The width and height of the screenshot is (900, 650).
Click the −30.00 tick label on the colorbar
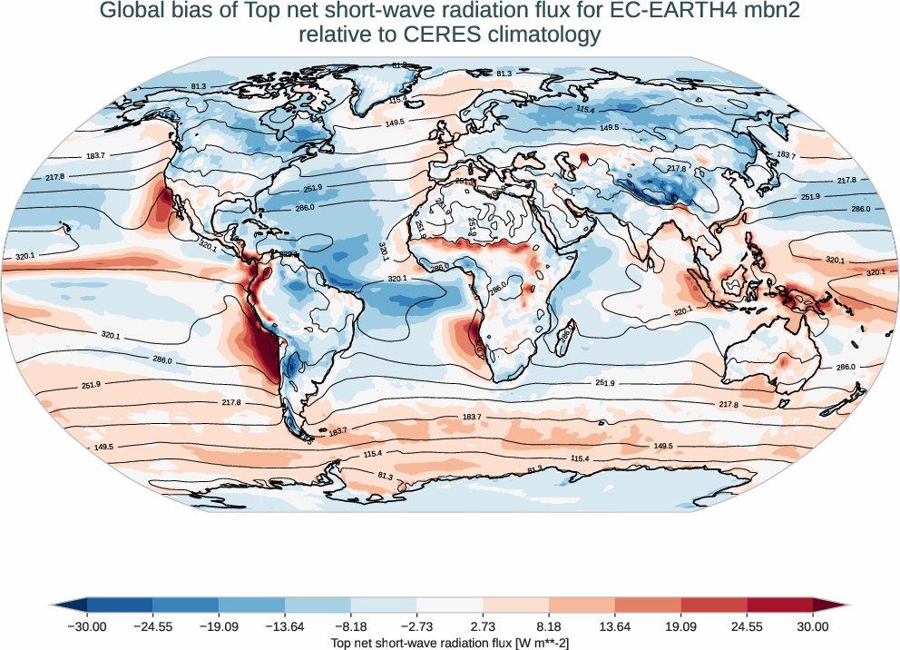pos(87,626)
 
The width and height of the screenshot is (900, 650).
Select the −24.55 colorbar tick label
pos(153,626)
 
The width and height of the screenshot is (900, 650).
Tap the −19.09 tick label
pos(219,626)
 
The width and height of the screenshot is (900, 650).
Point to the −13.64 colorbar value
pos(285,626)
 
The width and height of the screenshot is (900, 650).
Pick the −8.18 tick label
pos(351,626)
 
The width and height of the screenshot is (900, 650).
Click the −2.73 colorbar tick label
pos(417,626)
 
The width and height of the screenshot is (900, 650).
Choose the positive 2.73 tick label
pos(484,626)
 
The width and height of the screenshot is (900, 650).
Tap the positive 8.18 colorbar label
pos(549,626)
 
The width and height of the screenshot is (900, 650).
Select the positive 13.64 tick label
pos(615,626)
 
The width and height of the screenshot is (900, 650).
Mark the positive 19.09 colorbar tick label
pos(681,626)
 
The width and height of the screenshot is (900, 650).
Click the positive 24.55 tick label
pos(748,626)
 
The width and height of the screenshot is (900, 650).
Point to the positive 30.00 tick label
pos(813,626)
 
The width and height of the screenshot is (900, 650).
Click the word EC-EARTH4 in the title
pos(657,12)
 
